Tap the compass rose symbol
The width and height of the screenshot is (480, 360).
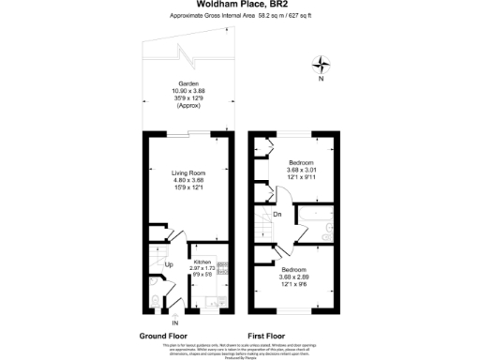pyautogui.click(x=322, y=64)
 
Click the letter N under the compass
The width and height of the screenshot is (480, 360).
pyautogui.click(x=322, y=79)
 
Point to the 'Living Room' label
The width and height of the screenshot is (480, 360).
pyautogui.click(x=187, y=173)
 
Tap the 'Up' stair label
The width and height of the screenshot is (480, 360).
pyautogui.click(x=169, y=265)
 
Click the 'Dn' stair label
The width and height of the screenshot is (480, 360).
pyautogui.click(x=277, y=215)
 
